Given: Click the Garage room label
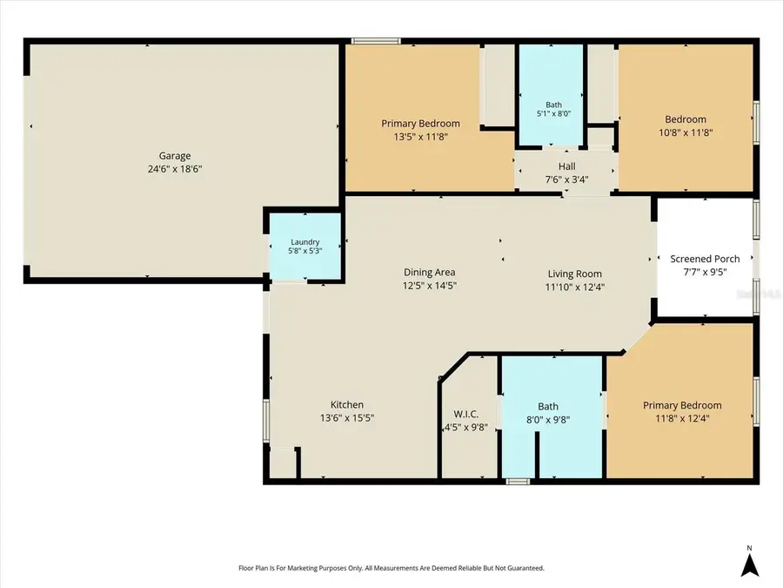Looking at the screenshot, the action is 175,156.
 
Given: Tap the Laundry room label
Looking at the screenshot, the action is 305,242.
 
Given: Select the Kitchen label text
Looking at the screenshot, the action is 347,405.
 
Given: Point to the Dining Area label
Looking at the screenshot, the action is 430,273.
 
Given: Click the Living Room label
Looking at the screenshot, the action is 575,274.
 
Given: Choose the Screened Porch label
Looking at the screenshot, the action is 705,259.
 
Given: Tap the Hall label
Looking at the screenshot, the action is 566,166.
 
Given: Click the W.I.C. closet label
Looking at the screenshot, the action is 466,415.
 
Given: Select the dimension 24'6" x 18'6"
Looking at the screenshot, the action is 175,169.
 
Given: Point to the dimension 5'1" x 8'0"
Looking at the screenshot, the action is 554,113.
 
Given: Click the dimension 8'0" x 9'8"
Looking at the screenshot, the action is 548,420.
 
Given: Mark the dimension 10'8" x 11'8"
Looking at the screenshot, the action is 686,132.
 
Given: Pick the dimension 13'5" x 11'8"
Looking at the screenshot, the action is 420,137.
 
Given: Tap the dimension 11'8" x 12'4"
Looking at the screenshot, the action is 682,418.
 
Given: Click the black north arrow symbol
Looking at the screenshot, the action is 750,565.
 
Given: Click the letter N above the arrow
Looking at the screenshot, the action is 750,548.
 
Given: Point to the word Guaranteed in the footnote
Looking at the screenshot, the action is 527,568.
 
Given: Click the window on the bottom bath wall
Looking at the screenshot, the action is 518,482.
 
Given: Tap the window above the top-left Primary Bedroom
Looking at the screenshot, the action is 376,41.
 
